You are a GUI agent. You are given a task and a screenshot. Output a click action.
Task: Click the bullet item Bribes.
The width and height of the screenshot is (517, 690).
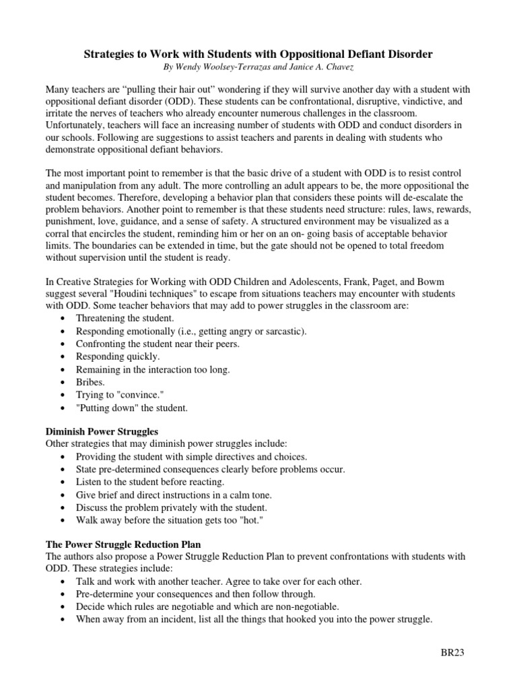(91, 381)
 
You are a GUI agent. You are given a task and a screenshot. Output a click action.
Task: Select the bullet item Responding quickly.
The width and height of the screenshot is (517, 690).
(118, 356)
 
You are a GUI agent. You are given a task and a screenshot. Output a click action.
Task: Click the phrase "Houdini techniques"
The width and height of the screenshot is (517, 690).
(138, 294)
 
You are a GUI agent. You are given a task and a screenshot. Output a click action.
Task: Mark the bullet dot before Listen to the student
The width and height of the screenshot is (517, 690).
(63, 482)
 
